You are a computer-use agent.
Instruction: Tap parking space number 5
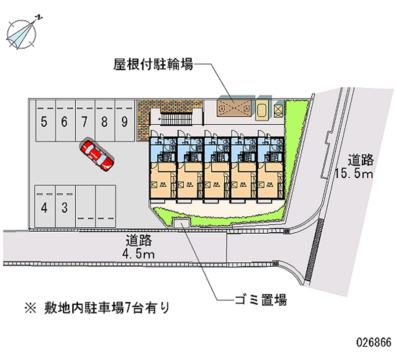(x=45, y=122)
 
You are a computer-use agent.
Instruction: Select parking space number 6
(x=64, y=122)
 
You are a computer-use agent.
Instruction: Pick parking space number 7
(x=85, y=122)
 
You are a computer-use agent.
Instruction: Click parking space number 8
(x=105, y=122)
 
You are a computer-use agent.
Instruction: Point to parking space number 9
(x=125, y=122)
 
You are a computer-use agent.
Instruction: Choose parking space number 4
(x=45, y=207)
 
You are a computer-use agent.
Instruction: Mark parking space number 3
(x=64, y=207)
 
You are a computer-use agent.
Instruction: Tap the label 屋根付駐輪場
(x=153, y=64)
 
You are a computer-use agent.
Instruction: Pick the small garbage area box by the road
(x=181, y=223)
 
